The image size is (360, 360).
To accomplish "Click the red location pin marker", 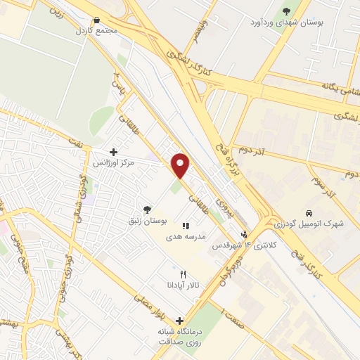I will pos(181,165).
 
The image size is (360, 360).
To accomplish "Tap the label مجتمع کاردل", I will pos(96,32).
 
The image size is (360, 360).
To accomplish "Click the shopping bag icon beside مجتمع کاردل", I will pos(96,21).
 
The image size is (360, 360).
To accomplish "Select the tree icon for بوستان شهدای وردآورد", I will pos(285,11).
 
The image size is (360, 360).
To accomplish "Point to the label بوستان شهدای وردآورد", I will pos(285,22).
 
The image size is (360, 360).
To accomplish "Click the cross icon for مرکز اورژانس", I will pos(113,151).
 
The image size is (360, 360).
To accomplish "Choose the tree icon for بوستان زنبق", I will pos(147,210).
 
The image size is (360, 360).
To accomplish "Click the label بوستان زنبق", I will pos(147,221).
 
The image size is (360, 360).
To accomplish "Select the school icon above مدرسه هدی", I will pos(186,226).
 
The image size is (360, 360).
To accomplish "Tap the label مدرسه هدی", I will pos(186,237).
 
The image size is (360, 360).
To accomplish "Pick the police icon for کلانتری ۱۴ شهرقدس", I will pos(244,234).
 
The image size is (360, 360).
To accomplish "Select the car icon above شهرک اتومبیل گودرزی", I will pos(309,212).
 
